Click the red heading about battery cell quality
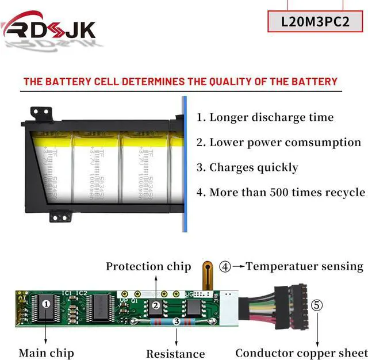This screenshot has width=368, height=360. coord(180,81)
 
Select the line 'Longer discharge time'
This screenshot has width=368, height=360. coord(264,117)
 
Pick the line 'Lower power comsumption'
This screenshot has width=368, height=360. coord(279,142)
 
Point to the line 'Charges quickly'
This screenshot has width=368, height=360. coord(247,167)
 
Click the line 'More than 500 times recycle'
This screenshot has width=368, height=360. coord(281,192)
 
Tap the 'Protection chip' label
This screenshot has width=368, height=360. coord(148,266)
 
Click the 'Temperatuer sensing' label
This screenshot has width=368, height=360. coord(305,266)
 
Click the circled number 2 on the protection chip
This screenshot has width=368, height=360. coord(156,305)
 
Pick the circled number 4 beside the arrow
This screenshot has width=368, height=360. coord(225,267)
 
